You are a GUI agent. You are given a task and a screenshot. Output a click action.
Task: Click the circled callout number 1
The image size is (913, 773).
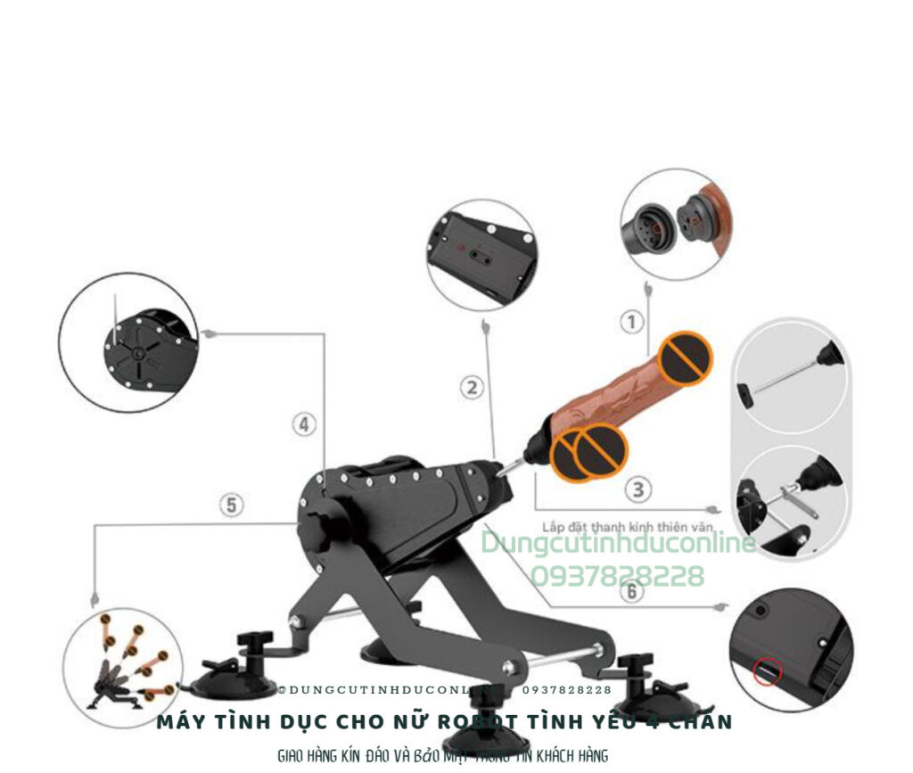(x=631, y=322)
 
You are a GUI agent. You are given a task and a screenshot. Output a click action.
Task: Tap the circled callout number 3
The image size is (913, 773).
(x=637, y=489)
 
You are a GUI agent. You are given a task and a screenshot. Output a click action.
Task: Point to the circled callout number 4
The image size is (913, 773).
(x=305, y=424)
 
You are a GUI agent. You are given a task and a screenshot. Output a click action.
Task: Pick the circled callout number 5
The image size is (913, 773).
(x=231, y=506)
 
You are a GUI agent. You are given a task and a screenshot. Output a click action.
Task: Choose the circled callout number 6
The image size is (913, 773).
(x=632, y=591)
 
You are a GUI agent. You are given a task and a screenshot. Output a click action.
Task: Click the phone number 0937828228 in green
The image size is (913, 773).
(x=617, y=576)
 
